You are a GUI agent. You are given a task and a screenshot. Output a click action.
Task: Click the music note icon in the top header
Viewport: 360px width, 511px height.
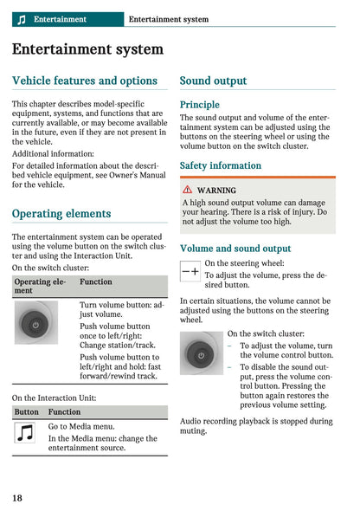coord(22,19)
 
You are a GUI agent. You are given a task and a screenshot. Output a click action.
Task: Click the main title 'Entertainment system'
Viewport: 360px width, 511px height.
coord(87,49)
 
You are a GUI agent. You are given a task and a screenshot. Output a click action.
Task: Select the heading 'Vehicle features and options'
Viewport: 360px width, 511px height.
coord(85,81)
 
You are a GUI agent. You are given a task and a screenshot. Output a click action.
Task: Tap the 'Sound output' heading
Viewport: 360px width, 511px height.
coord(213,81)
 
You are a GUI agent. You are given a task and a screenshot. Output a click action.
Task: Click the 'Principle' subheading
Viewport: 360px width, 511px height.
coord(199,104)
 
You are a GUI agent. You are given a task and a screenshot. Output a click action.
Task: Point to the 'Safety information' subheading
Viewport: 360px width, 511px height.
coord(220,165)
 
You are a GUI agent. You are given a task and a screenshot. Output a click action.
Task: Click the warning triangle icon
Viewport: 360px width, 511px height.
coord(187,190)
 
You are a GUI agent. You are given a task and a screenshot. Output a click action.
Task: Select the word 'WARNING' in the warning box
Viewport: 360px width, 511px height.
coord(216,190)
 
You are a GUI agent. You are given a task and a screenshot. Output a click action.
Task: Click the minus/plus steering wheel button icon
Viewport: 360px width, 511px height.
coord(190,271)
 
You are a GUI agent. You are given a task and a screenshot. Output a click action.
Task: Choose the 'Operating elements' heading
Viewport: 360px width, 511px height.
coord(61,213)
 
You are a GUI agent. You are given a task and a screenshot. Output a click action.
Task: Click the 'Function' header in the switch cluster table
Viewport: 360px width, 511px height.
coord(96,282)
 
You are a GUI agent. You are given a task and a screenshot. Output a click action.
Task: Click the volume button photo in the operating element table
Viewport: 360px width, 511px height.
coord(35,323)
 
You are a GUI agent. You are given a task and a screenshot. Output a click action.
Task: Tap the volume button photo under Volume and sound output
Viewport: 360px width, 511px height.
coord(202,353)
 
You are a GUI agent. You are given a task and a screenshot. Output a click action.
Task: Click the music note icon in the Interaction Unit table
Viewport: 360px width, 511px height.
coord(25,433)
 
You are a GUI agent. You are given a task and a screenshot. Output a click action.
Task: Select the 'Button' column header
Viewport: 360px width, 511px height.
coord(26,412)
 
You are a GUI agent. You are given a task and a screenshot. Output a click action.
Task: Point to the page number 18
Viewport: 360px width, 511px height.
coord(17,497)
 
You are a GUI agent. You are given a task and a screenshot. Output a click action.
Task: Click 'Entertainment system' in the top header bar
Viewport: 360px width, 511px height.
coord(168,19)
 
